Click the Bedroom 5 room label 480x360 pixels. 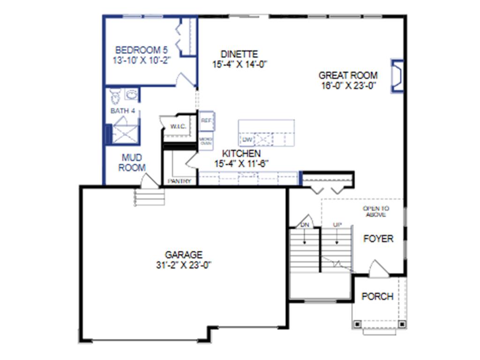coord(141,49)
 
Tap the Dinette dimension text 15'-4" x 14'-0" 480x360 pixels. coord(240,65)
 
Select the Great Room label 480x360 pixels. coord(348,75)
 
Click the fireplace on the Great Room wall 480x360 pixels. coord(397,76)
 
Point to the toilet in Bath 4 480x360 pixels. coord(115,96)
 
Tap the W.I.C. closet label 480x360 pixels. coord(178,127)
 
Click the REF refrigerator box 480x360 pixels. coord(206,120)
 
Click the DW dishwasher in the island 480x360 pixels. coord(246,140)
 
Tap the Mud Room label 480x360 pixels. coord(132,163)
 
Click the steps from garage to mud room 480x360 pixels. coord(150,197)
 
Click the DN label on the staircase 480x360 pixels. coord(305,225)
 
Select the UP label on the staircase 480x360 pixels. coord(337,225)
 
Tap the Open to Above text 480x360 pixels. coord(375,211)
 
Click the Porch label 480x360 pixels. coord(377,297)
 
